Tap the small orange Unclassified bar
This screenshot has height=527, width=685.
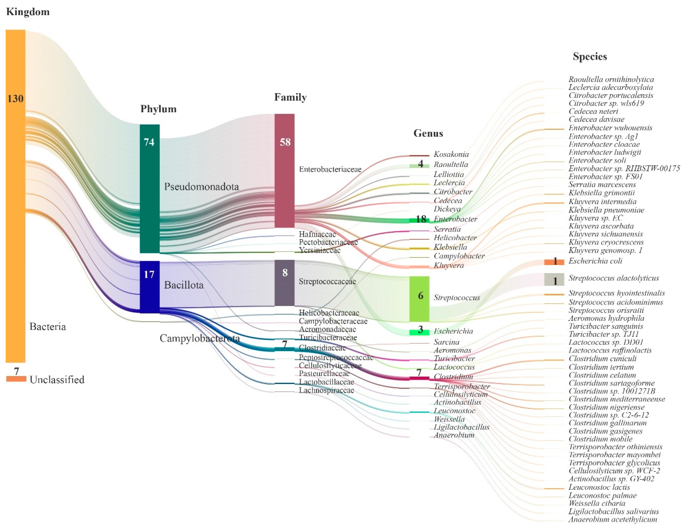(16, 379)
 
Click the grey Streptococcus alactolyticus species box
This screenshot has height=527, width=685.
(554, 279)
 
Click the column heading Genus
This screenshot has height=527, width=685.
(428, 133)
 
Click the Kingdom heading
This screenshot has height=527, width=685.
(28, 12)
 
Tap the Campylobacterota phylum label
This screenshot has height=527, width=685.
(199, 338)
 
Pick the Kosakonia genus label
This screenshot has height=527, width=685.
(451, 154)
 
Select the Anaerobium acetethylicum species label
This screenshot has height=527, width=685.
(613, 519)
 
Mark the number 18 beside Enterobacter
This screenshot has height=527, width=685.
(421, 219)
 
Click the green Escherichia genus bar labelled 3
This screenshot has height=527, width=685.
(419, 332)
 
